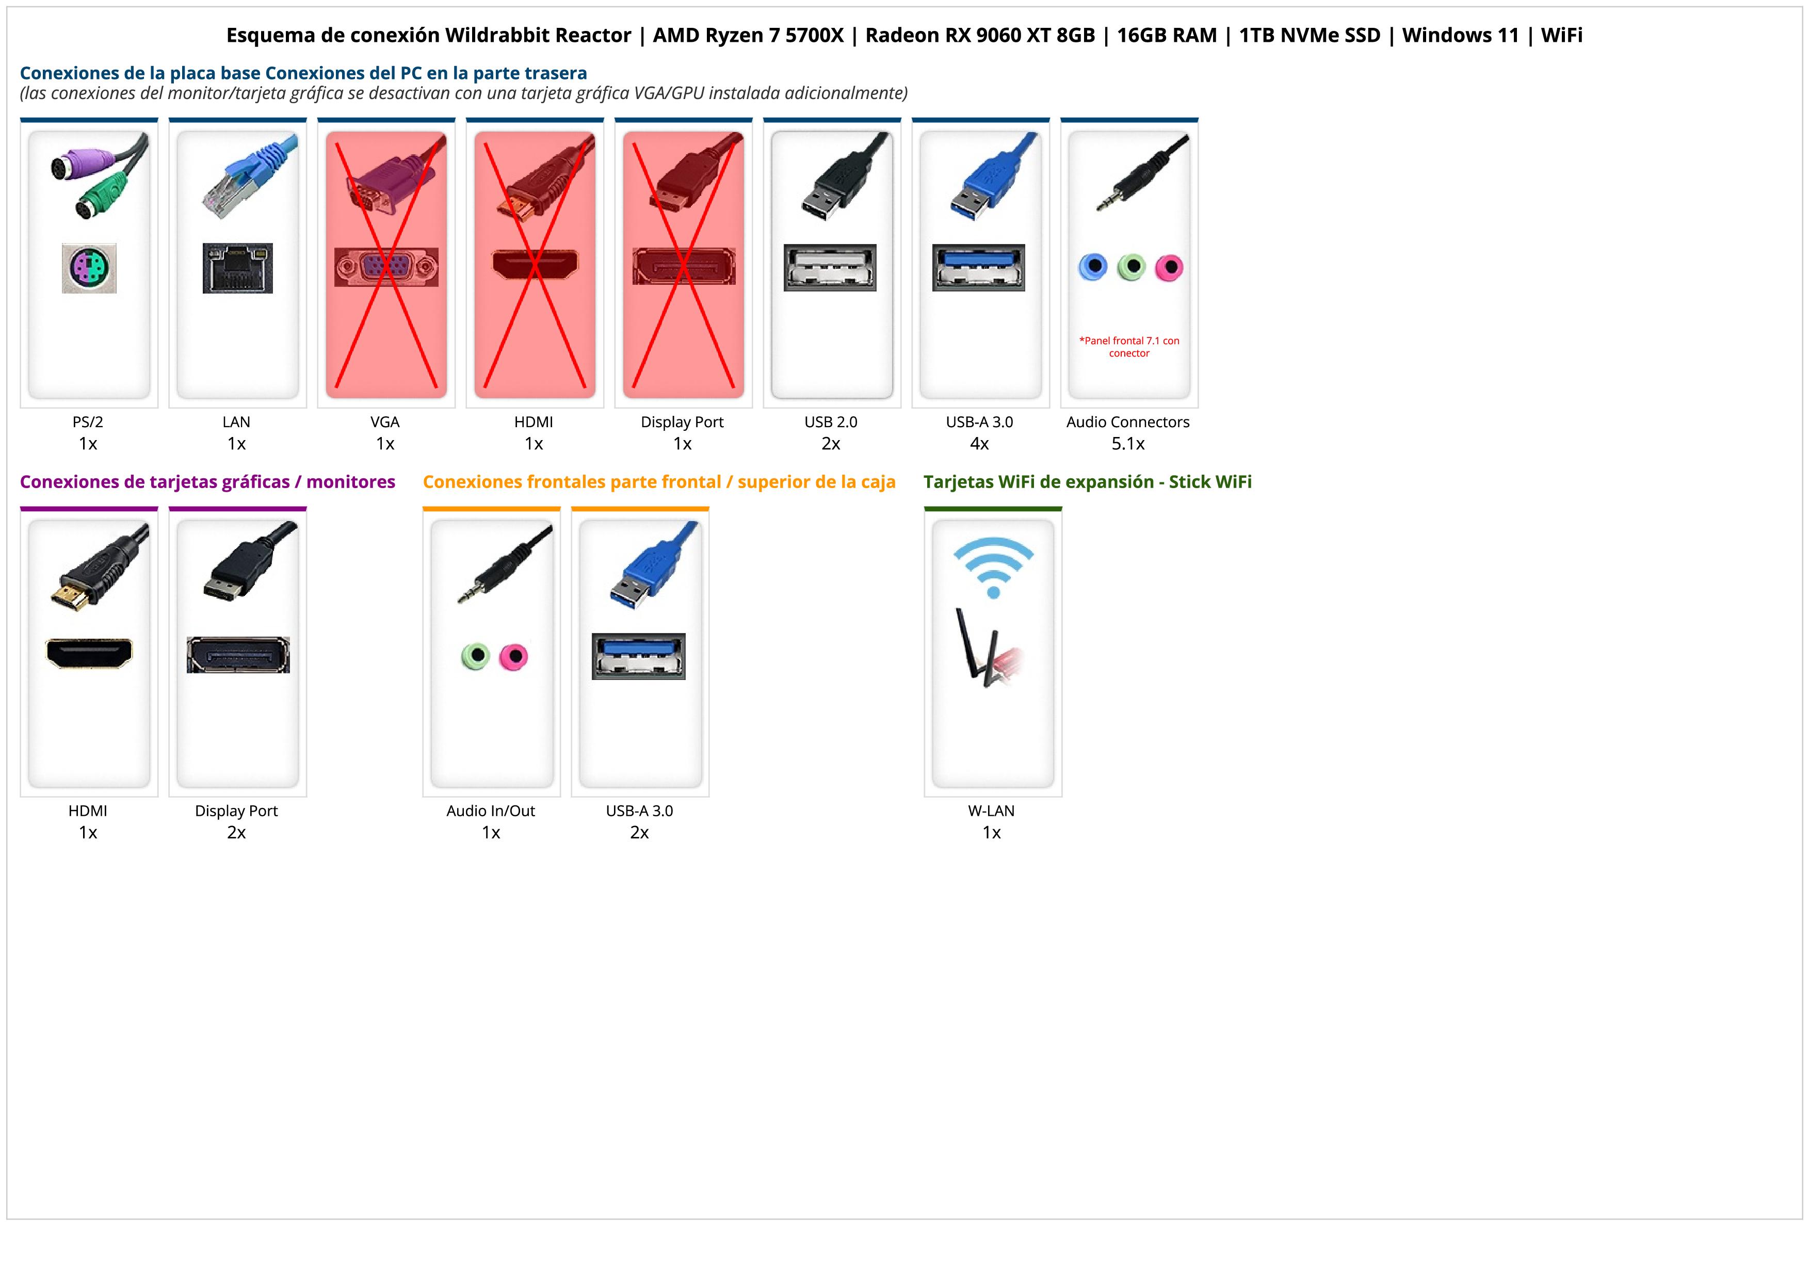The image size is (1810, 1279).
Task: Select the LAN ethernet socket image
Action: (237, 268)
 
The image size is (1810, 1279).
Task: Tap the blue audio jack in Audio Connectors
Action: (1093, 267)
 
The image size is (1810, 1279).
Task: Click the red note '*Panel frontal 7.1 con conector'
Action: (1129, 347)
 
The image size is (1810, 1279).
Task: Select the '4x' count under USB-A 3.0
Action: (979, 444)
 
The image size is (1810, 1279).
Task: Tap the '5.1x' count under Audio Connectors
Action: (1128, 444)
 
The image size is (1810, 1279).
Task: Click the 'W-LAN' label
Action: (991, 811)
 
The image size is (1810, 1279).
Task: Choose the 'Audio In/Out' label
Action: (490, 811)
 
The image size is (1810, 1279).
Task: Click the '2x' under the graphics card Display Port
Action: (236, 832)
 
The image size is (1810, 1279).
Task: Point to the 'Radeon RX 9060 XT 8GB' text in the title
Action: (980, 36)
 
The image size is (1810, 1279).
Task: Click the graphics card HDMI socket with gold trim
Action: (89, 653)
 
